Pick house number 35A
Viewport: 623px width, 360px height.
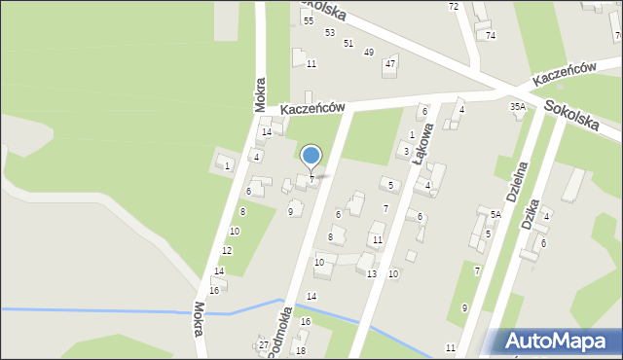pos(518,106)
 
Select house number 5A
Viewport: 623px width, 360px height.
pos(495,214)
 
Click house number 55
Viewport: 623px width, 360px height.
pos(308,20)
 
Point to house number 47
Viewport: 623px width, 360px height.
pos(390,63)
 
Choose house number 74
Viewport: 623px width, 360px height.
pos(491,35)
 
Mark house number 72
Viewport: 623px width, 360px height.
pos(454,7)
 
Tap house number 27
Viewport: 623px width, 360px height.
pos(263,344)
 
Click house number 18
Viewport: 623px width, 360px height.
pos(300,350)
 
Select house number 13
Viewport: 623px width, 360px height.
pos(371,273)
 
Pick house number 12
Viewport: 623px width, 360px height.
pos(226,250)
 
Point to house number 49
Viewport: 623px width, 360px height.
pos(368,52)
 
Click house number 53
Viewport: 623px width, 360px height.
pos(330,32)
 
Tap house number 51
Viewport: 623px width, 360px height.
pos(348,43)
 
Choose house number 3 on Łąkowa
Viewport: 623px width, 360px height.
pos(405,151)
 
